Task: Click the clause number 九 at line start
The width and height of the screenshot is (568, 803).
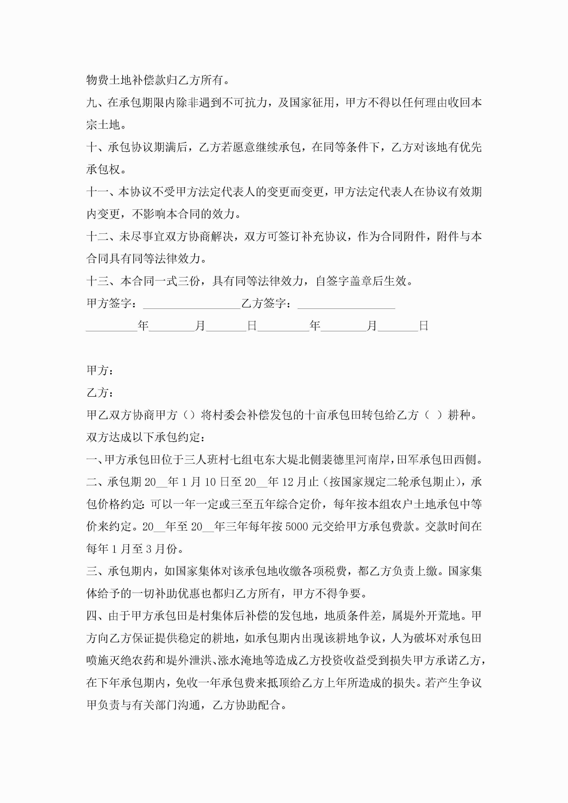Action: [92, 103]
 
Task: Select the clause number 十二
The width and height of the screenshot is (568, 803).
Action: [98, 236]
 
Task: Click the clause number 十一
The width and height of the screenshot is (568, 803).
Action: [98, 192]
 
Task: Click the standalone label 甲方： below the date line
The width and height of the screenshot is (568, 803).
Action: [100, 370]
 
